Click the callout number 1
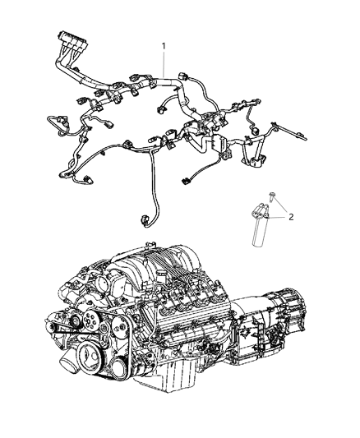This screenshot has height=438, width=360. click(164, 45)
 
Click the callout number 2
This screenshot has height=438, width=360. click(291, 217)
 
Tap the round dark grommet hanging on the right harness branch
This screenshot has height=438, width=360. click(255, 131)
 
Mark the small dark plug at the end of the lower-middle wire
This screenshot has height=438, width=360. click(185, 181)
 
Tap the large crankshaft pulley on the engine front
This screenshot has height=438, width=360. click(89, 356)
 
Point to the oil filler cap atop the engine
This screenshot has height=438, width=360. click(159, 278)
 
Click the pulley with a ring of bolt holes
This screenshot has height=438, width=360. click(90, 325)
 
